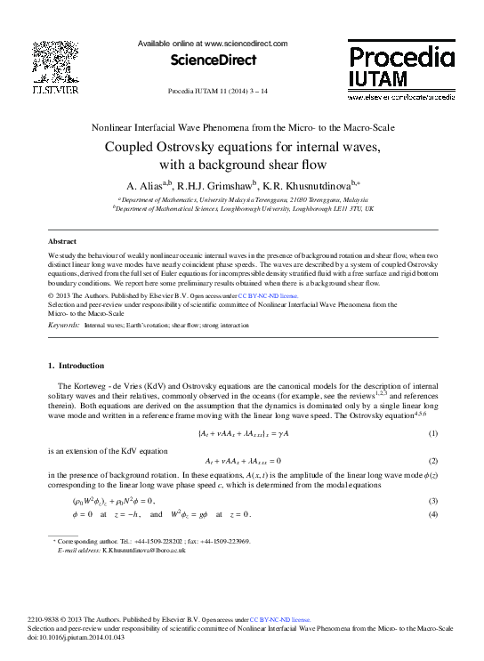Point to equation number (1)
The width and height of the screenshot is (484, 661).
click(x=433, y=433)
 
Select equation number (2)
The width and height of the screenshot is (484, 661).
click(x=433, y=461)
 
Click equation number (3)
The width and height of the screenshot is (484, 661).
click(x=433, y=502)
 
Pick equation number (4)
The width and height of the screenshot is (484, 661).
click(x=433, y=515)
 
